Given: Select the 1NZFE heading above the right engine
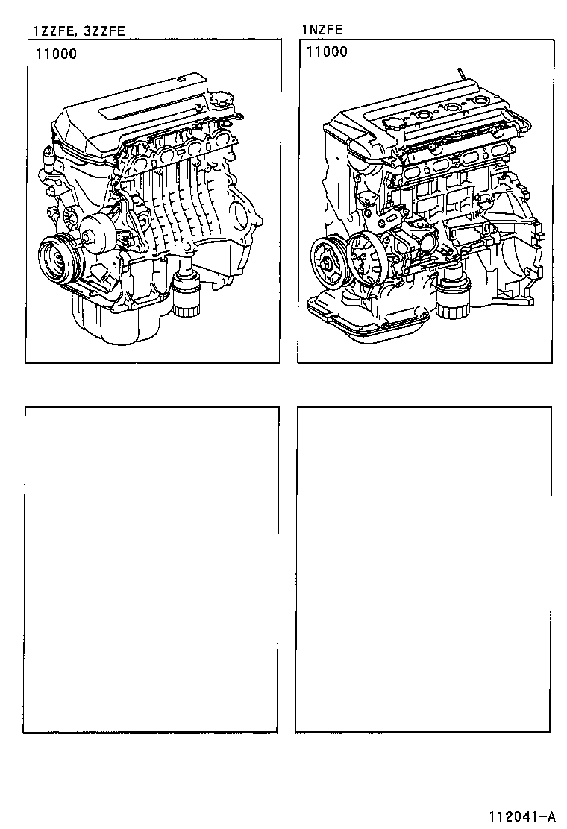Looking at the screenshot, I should [x=322, y=31].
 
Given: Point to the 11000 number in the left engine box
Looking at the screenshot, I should [x=55, y=54].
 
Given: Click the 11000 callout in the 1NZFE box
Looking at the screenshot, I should [x=327, y=52].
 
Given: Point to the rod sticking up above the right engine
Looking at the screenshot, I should [x=462, y=74].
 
